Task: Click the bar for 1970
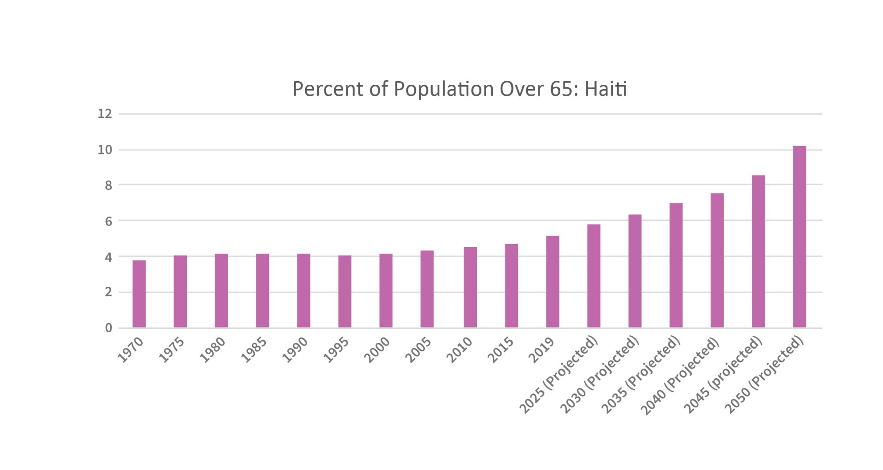click(139, 294)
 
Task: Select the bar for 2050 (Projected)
click(799, 237)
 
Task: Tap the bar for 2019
click(552, 282)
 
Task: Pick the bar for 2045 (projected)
click(758, 252)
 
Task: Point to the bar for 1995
click(345, 291)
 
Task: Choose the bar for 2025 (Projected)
click(593, 276)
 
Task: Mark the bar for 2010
click(470, 287)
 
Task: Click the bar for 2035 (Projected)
click(676, 265)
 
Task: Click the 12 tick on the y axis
click(105, 114)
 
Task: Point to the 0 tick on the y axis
click(109, 328)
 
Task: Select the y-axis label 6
click(109, 221)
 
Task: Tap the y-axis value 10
click(105, 150)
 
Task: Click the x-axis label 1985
click(254, 350)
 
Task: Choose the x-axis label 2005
click(419, 350)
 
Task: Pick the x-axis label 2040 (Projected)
click(680, 376)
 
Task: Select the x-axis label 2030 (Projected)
click(600, 375)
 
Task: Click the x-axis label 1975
click(172, 350)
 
